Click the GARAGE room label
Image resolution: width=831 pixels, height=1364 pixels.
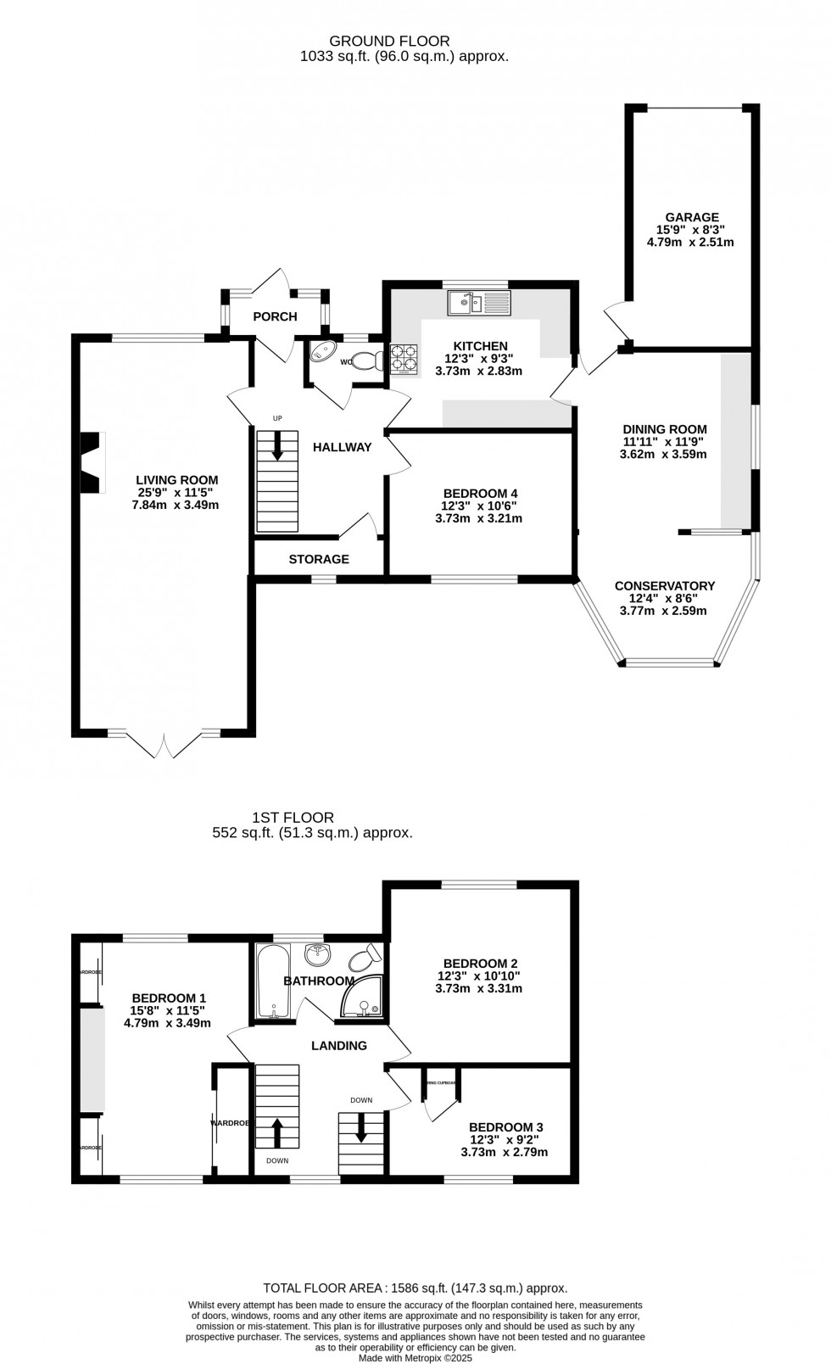point(691,217)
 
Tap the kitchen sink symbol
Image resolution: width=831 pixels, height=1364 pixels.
point(479,301)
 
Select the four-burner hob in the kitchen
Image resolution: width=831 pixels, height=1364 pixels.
point(404,360)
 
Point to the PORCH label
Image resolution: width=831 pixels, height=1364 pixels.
point(276,316)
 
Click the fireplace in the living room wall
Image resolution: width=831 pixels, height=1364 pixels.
point(92,462)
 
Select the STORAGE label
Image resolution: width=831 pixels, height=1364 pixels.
point(319,559)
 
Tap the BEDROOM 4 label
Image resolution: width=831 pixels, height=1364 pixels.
point(480,493)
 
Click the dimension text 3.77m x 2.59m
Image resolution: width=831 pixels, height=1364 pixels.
point(664,610)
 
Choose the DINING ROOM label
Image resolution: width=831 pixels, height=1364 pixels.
point(664,429)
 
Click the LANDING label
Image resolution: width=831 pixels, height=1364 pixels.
point(338,1045)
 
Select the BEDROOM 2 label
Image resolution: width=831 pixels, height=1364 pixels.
point(480,963)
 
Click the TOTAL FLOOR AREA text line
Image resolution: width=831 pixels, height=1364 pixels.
point(415,1288)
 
